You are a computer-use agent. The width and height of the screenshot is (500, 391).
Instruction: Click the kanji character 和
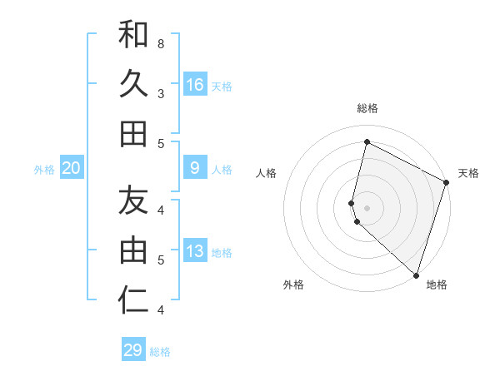pos(133,34)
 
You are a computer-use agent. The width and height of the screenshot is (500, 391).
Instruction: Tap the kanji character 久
pos(133,84)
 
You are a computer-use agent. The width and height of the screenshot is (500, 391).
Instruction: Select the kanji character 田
pos(133,133)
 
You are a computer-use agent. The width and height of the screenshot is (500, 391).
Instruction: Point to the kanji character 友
pos(133,200)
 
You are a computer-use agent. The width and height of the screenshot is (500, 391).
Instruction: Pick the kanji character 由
pos(133,250)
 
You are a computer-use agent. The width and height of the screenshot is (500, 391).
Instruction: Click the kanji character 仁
pos(133,300)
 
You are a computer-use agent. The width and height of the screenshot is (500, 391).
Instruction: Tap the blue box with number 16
pos(195,84)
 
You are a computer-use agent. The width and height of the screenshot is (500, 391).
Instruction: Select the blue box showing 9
pos(195,168)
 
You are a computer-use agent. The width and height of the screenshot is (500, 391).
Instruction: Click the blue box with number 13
pos(195,251)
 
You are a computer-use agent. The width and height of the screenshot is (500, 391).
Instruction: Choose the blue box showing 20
pos(72,168)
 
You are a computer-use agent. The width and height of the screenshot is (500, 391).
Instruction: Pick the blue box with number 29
pos(133,350)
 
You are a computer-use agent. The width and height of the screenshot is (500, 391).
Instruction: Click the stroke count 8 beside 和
pos(160,42)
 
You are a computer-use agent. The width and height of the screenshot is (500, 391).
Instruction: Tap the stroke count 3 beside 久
pos(160,93)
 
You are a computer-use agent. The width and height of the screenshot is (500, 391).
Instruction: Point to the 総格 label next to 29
pos(160,352)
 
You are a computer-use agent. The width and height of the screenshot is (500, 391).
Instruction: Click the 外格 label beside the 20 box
pos(44,170)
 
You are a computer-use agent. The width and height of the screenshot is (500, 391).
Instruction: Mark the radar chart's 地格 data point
pos(416,275)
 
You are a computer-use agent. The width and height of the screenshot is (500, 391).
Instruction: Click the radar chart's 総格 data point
pos(367,142)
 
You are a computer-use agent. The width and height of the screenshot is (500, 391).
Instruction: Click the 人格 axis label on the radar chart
pos(267,173)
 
